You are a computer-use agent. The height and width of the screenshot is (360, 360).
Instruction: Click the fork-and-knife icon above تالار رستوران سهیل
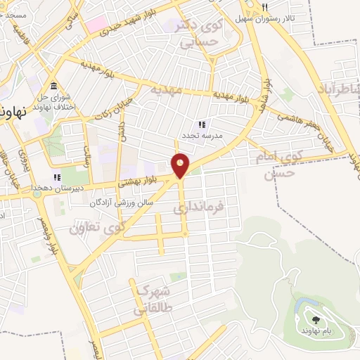click(x=264, y=7)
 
